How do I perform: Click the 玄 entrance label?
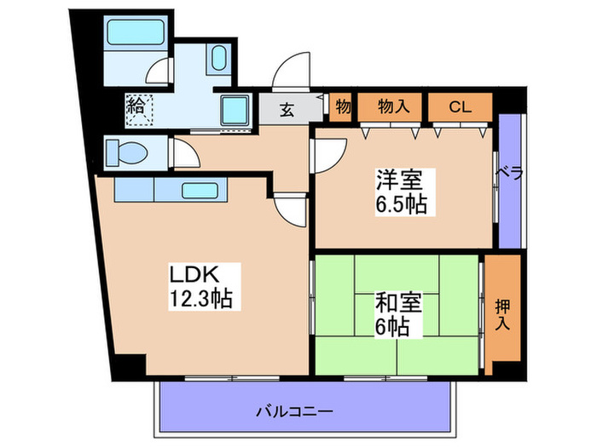[x=289, y=110]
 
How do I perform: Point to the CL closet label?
[x=461, y=106]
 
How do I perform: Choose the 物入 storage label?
[x=393, y=106]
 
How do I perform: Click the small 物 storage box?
[x=342, y=106]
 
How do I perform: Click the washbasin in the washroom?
[x=217, y=61]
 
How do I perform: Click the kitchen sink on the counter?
[x=201, y=190]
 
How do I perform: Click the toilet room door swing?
[x=186, y=154]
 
